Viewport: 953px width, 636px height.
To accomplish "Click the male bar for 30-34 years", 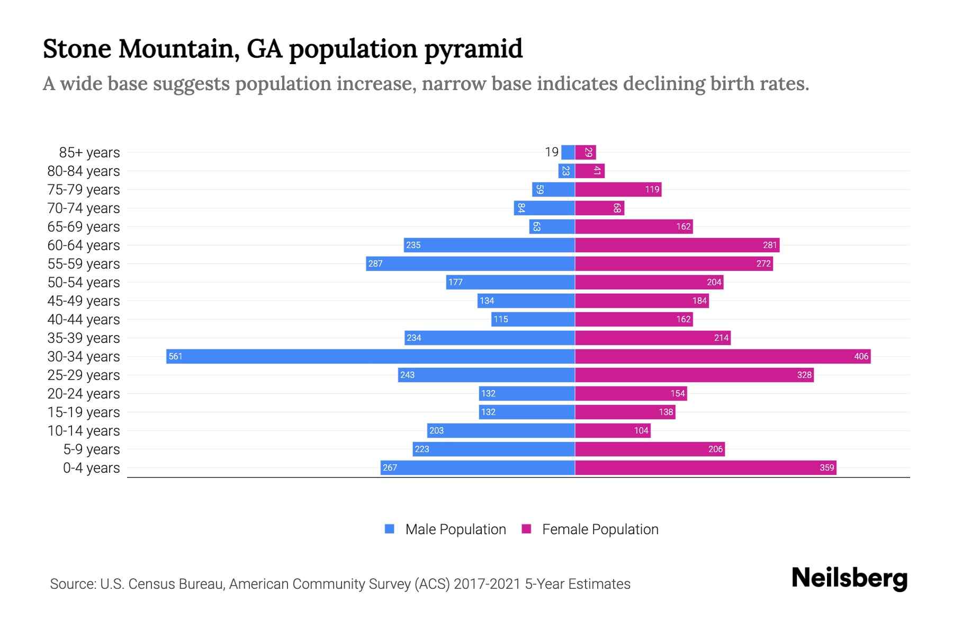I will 371,356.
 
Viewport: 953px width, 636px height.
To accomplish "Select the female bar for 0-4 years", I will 705,467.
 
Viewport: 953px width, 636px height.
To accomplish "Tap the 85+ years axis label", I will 89,153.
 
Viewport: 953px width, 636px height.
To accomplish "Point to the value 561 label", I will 175,357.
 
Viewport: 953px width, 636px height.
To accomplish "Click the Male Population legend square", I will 390,529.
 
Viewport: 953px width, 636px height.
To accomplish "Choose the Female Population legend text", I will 600,529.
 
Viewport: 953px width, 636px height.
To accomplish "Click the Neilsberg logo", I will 849,578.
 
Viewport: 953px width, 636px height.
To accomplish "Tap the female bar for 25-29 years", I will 694,375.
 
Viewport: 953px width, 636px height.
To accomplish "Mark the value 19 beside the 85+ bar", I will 552,152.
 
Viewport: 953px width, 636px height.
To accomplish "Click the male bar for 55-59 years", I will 470,263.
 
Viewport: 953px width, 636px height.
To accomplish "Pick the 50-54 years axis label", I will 84,282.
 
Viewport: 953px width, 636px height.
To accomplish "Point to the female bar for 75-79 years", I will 618,189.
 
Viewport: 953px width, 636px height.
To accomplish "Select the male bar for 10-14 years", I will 501,430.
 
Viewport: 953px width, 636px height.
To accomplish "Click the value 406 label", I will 861,357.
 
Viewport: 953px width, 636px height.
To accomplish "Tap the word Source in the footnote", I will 73,584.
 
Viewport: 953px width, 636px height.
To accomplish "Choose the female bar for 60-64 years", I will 677,245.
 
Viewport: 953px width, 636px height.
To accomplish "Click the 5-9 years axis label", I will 92,449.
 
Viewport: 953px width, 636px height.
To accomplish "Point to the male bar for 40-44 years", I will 533,319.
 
